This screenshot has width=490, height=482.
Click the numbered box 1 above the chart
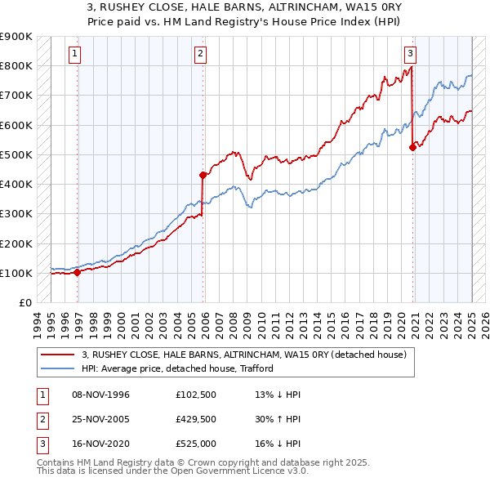point(74,55)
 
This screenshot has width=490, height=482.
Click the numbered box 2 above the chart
point(200,55)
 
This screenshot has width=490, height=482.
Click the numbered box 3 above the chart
point(410,55)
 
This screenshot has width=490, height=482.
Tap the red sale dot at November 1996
point(78,273)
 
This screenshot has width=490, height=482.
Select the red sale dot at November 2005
point(203,175)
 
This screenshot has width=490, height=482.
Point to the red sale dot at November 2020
point(412,147)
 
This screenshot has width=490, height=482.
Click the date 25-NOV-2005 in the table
point(100,419)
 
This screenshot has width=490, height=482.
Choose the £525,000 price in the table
point(196,444)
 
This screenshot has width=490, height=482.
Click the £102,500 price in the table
point(196,395)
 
